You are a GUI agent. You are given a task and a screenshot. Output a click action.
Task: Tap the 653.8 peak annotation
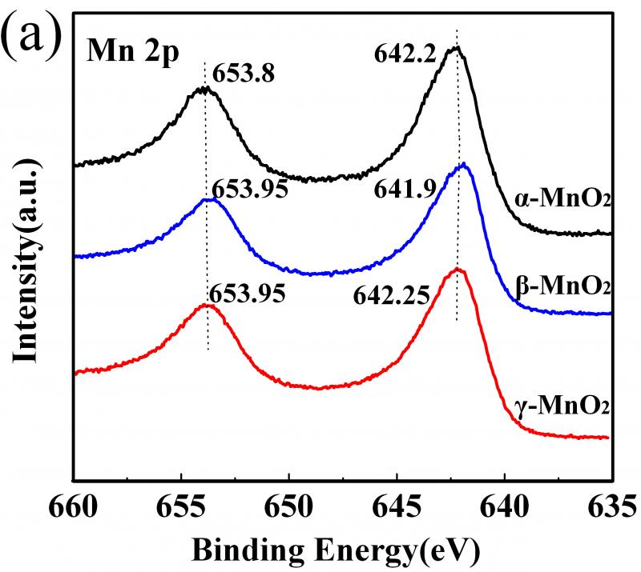239,74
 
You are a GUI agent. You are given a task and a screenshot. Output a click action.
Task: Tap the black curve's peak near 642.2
457,48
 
